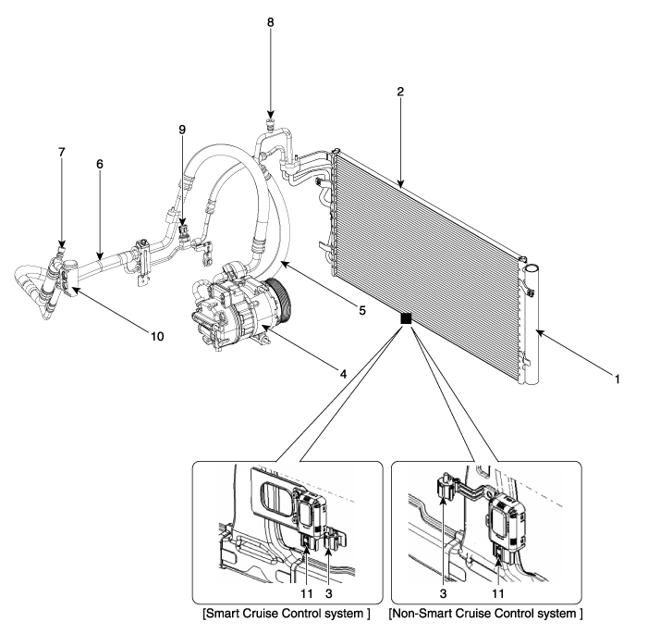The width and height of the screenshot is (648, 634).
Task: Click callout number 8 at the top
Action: point(270,22)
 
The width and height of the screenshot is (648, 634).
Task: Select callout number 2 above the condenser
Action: point(400,92)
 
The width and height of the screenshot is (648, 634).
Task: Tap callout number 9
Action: point(182,130)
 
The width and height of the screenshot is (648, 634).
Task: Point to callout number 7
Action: point(62,153)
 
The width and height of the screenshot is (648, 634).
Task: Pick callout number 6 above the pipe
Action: point(100,165)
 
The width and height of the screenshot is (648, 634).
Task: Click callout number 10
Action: point(157,337)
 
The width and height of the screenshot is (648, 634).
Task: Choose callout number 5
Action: point(362,310)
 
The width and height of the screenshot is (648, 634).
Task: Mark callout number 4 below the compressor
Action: point(343,374)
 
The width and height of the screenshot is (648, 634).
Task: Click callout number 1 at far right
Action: point(617,379)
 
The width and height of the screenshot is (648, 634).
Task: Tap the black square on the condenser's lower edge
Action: point(406,318)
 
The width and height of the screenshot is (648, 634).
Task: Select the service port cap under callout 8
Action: point(270,123)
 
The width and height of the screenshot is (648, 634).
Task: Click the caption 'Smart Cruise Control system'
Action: point(287,613)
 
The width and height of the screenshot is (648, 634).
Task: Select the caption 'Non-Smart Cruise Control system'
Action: point(485,613)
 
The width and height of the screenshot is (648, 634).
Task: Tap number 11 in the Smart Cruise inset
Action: point(306,594)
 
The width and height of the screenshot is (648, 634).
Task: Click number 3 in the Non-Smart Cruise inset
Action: point(443,594)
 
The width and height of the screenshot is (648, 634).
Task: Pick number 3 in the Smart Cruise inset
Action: point(328,594)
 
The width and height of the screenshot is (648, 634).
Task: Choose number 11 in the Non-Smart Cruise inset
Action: point(498,594)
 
